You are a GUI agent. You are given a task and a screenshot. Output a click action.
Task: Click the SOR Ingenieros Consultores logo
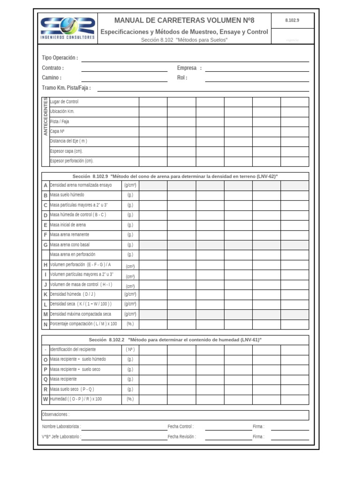67,28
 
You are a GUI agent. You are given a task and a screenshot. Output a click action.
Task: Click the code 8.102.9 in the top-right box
292,21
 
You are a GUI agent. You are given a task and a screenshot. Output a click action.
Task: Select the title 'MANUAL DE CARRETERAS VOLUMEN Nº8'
184,21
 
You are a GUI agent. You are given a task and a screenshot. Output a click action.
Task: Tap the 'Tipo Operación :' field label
60,58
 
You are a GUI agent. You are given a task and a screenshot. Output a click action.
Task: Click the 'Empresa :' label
189,68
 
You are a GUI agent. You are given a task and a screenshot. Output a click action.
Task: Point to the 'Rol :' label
182,78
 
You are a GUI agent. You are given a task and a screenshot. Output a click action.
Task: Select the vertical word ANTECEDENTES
45,117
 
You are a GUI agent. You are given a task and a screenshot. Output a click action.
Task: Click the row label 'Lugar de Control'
64,102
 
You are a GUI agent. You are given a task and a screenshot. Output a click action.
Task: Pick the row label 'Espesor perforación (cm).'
72,161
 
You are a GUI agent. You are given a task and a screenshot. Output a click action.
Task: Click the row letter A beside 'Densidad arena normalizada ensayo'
45,186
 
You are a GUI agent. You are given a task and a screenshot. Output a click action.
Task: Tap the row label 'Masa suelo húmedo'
67,195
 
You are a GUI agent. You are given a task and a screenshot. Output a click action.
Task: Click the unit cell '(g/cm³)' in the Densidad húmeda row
130,294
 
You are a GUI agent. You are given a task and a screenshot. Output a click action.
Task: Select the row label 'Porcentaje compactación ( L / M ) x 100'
83,324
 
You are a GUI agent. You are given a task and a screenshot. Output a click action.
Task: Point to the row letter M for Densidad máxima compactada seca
45,315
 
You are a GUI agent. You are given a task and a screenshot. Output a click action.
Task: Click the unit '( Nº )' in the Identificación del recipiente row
130,350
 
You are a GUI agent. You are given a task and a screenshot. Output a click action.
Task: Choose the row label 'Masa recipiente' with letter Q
63,379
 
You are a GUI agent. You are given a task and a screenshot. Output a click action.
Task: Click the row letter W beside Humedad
45,399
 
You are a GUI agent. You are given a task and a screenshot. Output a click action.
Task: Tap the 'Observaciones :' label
56,415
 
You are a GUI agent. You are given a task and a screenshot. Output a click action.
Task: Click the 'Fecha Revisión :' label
182,437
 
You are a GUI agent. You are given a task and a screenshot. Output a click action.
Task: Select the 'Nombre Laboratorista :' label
61,427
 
